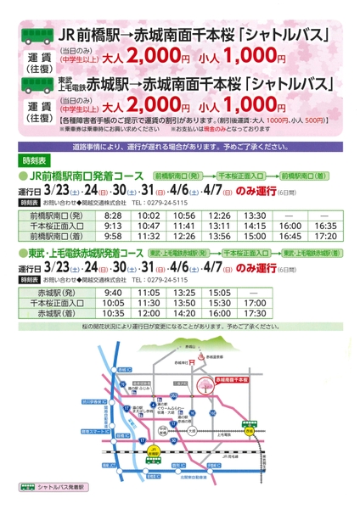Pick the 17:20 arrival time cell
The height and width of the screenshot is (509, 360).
click(326, 238)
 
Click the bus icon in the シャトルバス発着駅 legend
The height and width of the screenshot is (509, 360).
click(25, 489)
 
